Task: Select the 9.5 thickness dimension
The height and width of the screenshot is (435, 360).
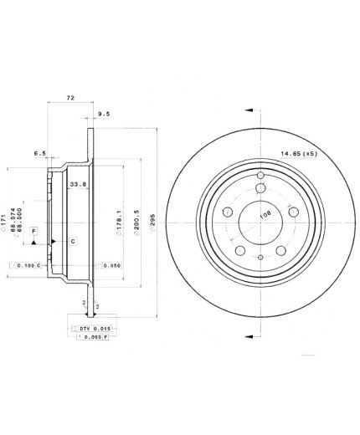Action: tap(104, 113)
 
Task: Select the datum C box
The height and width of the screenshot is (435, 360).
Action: tap(73, 242)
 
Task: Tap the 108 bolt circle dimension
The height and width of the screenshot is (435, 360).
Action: tap(265, 214)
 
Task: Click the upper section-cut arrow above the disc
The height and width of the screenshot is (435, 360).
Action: tap(248, 110)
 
